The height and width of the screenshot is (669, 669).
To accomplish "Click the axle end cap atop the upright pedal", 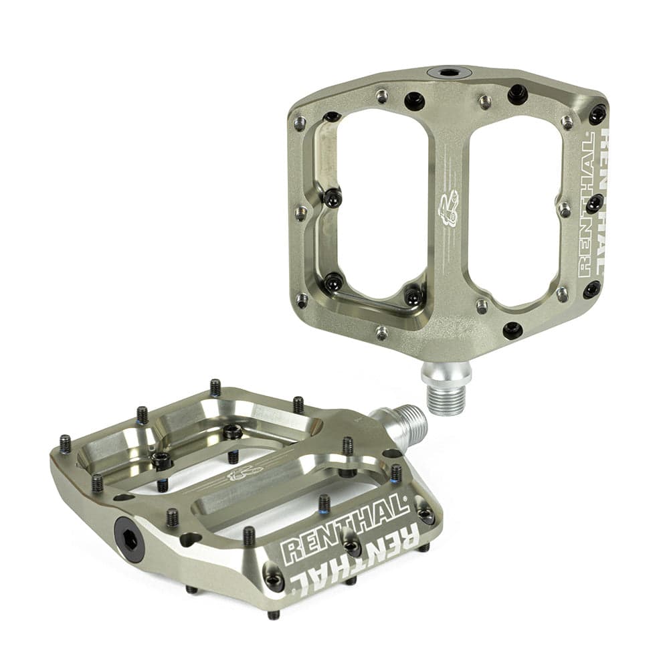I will [449, 72].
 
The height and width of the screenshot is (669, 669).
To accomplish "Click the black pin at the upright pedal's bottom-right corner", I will [591, 290].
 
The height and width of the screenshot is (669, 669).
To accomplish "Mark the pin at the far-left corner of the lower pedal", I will [65, 444].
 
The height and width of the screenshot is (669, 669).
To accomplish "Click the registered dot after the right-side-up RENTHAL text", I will [405, 499].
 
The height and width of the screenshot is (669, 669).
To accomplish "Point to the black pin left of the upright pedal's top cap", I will [414, 101].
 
